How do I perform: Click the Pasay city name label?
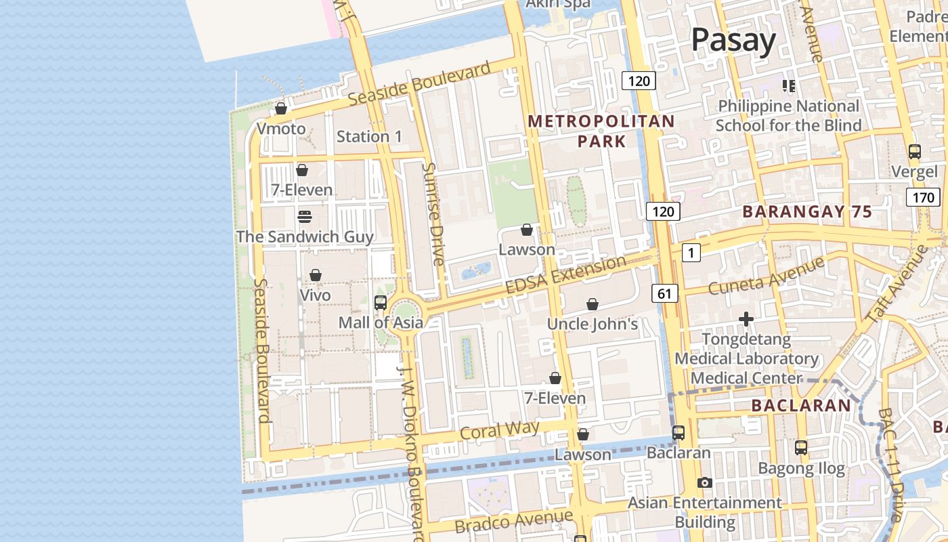[x=733, y=41]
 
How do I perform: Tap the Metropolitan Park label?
[x=601, y=131]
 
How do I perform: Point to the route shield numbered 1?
[x=691, y=253]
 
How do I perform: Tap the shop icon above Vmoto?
[x=281, y=108]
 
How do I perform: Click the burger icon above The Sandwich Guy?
[x=305, y=217]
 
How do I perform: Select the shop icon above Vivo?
[x=316, y=275]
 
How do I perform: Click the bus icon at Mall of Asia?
[x=381, y=303]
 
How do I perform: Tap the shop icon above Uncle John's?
[x=592, y=305]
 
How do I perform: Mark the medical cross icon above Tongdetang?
[x=746, y=318]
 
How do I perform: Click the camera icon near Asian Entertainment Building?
[x=705, y=482]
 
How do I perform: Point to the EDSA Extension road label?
[x=566, y=275]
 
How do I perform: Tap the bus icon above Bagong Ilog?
[x=801, y=448]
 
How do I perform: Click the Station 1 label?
[x=369, y=136]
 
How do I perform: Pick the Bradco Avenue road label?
[x=514, y=521]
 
